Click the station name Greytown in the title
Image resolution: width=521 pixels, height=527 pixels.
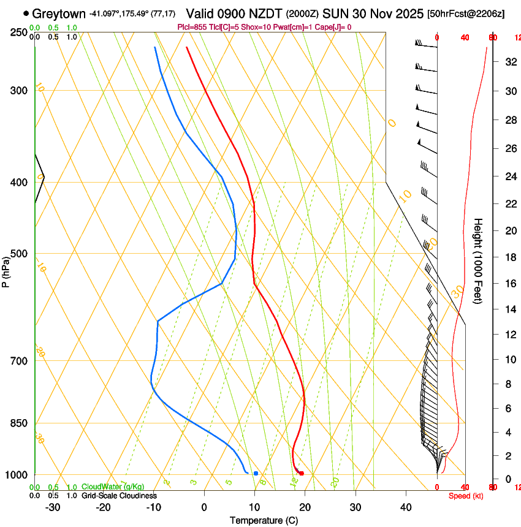point(59,13)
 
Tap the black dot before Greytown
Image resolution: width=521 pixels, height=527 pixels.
point(26,13)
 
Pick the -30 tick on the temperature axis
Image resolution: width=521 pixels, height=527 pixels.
point(53,507)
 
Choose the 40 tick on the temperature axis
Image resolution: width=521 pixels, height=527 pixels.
point(406,507)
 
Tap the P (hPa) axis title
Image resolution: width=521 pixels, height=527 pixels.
point(6,268)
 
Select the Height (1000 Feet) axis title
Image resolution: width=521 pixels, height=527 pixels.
point(479,261)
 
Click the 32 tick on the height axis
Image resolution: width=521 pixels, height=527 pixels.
point(510,62)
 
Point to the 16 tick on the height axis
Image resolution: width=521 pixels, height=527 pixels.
point(510,284)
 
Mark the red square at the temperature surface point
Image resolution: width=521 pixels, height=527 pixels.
point(301,473)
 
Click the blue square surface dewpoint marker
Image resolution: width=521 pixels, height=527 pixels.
point(256,473)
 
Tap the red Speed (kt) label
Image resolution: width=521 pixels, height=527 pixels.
point(466,496)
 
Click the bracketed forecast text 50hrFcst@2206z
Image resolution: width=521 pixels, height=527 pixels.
point(466,13)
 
